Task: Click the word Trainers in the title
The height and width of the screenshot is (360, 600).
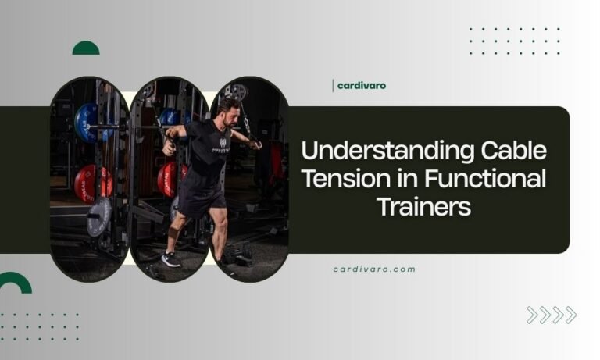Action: [424, 207]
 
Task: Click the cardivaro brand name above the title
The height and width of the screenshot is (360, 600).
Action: [361, 86]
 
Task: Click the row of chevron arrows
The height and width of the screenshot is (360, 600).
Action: [551, 315]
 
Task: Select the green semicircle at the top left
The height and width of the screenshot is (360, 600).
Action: [86, 48]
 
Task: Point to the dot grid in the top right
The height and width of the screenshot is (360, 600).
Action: [514, 41]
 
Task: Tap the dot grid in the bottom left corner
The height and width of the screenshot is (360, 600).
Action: [39, 326]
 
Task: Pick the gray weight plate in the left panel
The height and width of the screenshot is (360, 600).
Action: [98, 216]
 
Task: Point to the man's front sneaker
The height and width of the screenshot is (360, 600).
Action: [170, 260]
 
